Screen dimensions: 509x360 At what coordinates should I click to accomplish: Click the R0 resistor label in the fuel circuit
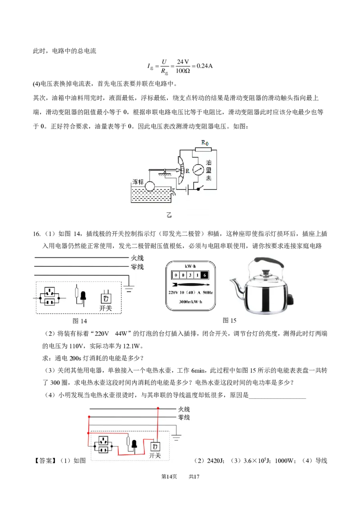[205, 143]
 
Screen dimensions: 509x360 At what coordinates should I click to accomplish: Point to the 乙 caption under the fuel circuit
[169, 215]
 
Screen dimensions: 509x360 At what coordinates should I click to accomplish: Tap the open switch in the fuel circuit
[202, 189]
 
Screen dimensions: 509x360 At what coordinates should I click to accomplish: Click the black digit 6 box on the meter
[205, 275]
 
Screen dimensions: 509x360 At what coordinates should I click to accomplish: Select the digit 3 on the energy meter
[190, 275]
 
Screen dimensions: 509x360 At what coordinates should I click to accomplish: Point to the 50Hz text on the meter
[207, 293]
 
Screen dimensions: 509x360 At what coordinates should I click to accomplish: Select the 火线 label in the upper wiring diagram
[137, 258]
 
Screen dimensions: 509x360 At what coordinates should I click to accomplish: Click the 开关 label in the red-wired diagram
[155, 455]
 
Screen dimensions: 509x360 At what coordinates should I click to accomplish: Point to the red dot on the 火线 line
[158, 408]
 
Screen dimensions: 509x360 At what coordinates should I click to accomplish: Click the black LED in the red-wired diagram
[134, 445]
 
